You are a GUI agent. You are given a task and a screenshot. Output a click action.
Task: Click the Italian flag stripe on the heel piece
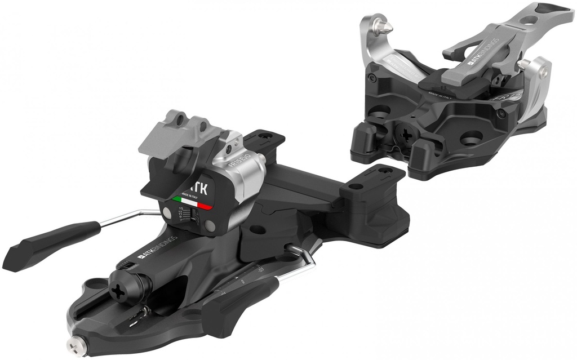click(x=191, y=203)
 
